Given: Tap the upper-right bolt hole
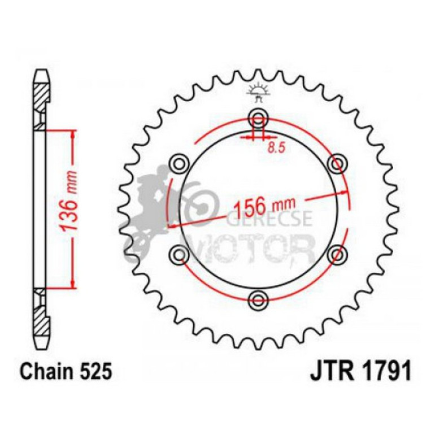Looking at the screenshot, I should pos(337,164).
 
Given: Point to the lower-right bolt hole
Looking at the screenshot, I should pos(337,254).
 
